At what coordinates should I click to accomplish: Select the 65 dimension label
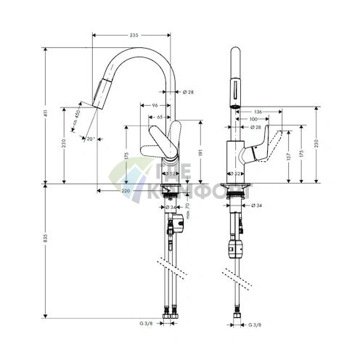point(159,115)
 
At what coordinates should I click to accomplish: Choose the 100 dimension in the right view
point(254,118)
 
